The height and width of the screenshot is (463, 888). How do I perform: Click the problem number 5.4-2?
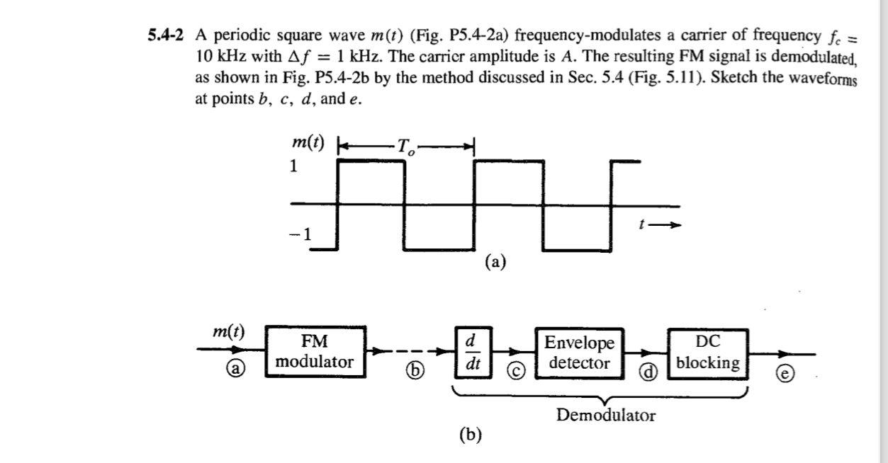164,35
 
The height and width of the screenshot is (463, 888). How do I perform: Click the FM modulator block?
315,352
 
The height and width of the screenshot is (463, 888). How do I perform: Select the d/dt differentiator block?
469,351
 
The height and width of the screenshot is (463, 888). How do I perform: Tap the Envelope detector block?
580,353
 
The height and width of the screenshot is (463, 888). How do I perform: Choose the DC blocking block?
708,352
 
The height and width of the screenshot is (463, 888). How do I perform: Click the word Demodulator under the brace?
606,415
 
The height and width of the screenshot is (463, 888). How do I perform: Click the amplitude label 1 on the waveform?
291,167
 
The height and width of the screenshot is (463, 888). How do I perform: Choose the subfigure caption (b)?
471,435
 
